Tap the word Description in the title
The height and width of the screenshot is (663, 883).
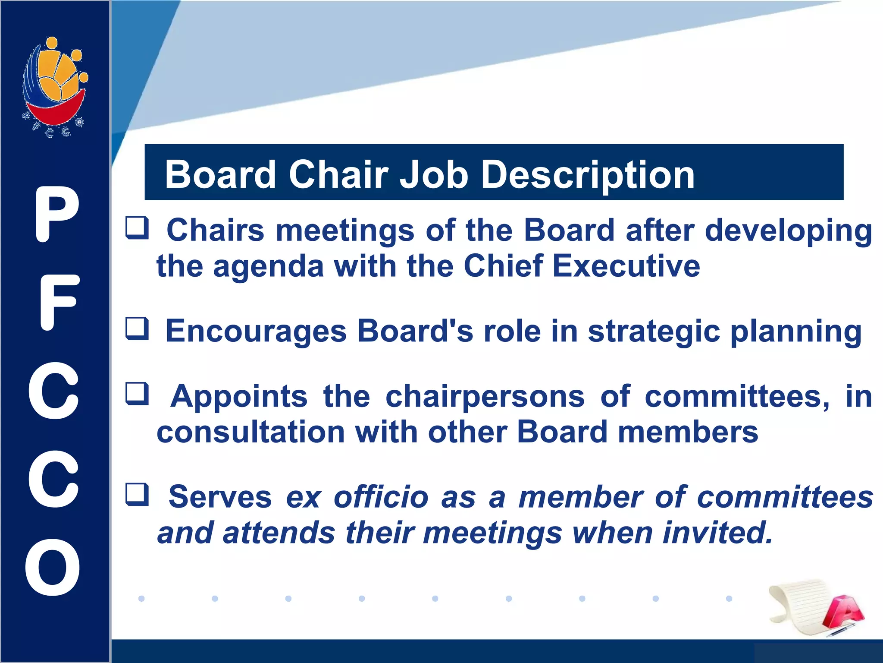click(x=587, y=175)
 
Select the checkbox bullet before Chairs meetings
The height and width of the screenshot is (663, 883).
click(x=137, y=228)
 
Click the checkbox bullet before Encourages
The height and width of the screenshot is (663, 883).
click(x=137, y=329)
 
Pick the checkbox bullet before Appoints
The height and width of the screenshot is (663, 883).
click(x=137, y=394)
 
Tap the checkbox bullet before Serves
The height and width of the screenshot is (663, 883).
click(x=137, y=495)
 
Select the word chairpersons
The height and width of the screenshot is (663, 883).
click(x=485, y=396)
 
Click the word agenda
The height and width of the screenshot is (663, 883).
click(x=268, y=267)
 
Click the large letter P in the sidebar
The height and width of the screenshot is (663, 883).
click(x=56, y=215)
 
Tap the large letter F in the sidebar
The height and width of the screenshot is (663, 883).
click(x=59, y=302)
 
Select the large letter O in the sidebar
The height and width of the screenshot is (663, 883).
click(x=53, y=567)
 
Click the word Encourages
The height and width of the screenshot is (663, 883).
click(x=256, y=331)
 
